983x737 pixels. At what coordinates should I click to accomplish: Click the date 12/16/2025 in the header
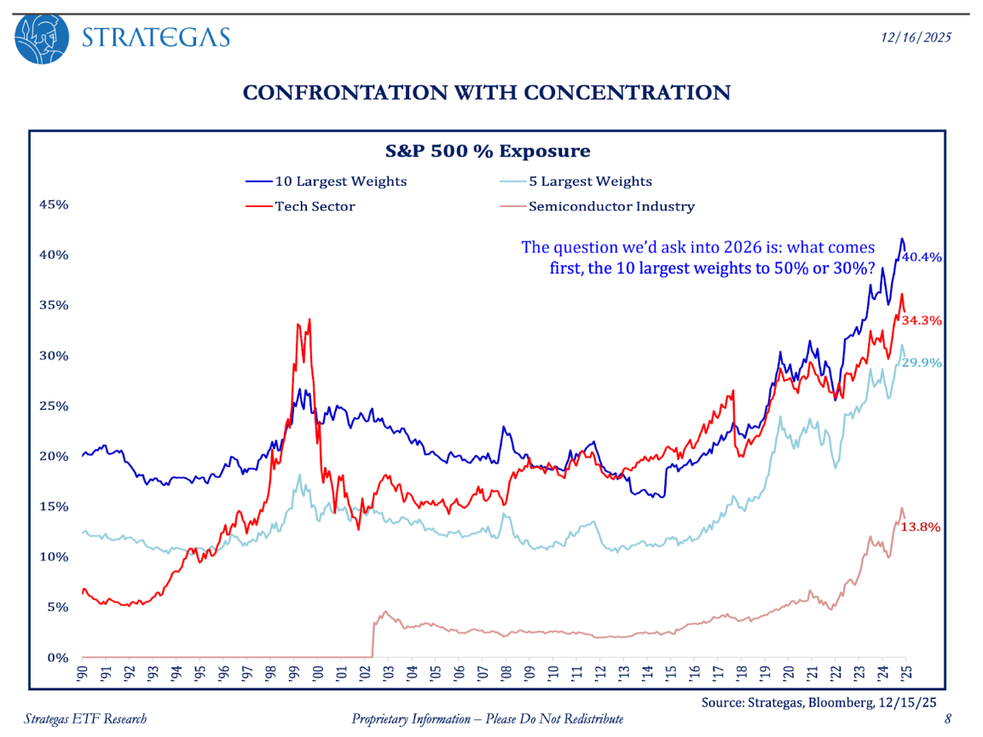click(x=916, y=37)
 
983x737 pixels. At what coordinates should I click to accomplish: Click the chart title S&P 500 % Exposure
click(x=488, y=152)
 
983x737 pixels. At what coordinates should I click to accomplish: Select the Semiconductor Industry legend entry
click(x=597, y=206)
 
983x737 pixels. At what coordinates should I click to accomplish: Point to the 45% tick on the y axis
click(x=56, y=204)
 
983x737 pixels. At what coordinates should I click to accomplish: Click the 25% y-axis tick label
click(x=56, y=406)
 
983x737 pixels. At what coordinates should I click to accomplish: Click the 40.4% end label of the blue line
click(x=922, y=256)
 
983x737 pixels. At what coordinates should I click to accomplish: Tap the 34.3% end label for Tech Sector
click(x=922, y=321)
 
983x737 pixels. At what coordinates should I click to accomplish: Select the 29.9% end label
click(x=922, y=362)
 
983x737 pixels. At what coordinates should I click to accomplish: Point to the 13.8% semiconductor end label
click(x=922, y=527)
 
